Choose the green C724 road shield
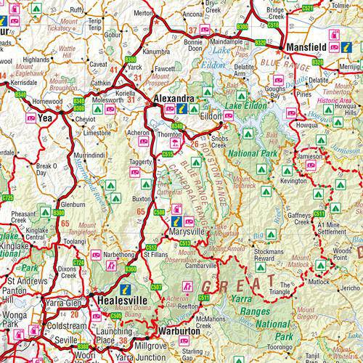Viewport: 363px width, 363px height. pyautogui.click(x=78, y=261)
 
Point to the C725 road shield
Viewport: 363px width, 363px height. pyautogui.click(x=9, y=197)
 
